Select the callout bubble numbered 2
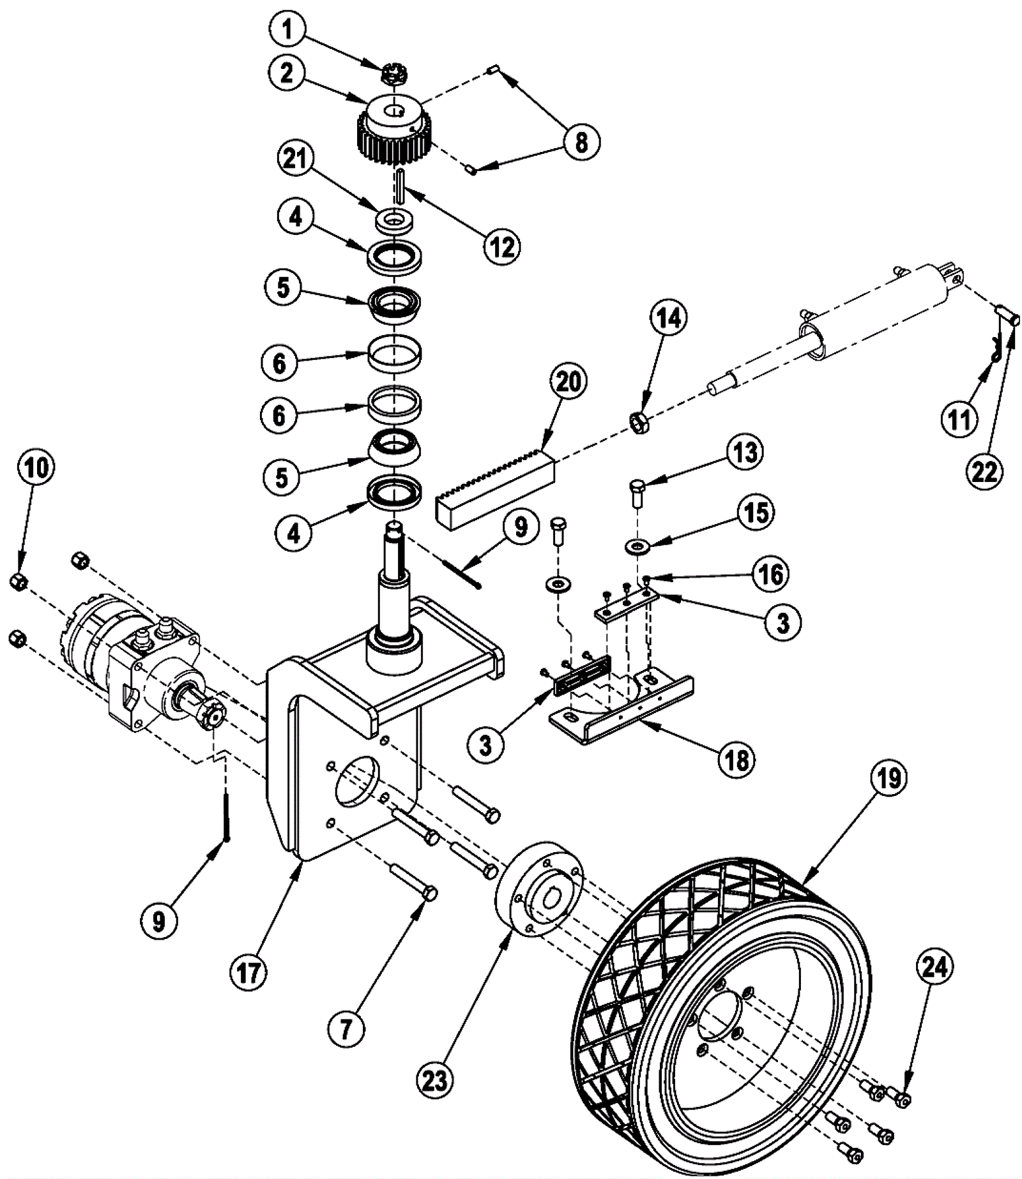pos(287,74)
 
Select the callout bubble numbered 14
pos(669,319)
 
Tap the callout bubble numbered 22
pos(984,472)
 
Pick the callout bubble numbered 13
pos(745,453)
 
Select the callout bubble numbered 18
pos(736,760)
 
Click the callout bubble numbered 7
pos(346,1030)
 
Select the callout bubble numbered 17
pos(248,973)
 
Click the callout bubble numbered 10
pos(36,468)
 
